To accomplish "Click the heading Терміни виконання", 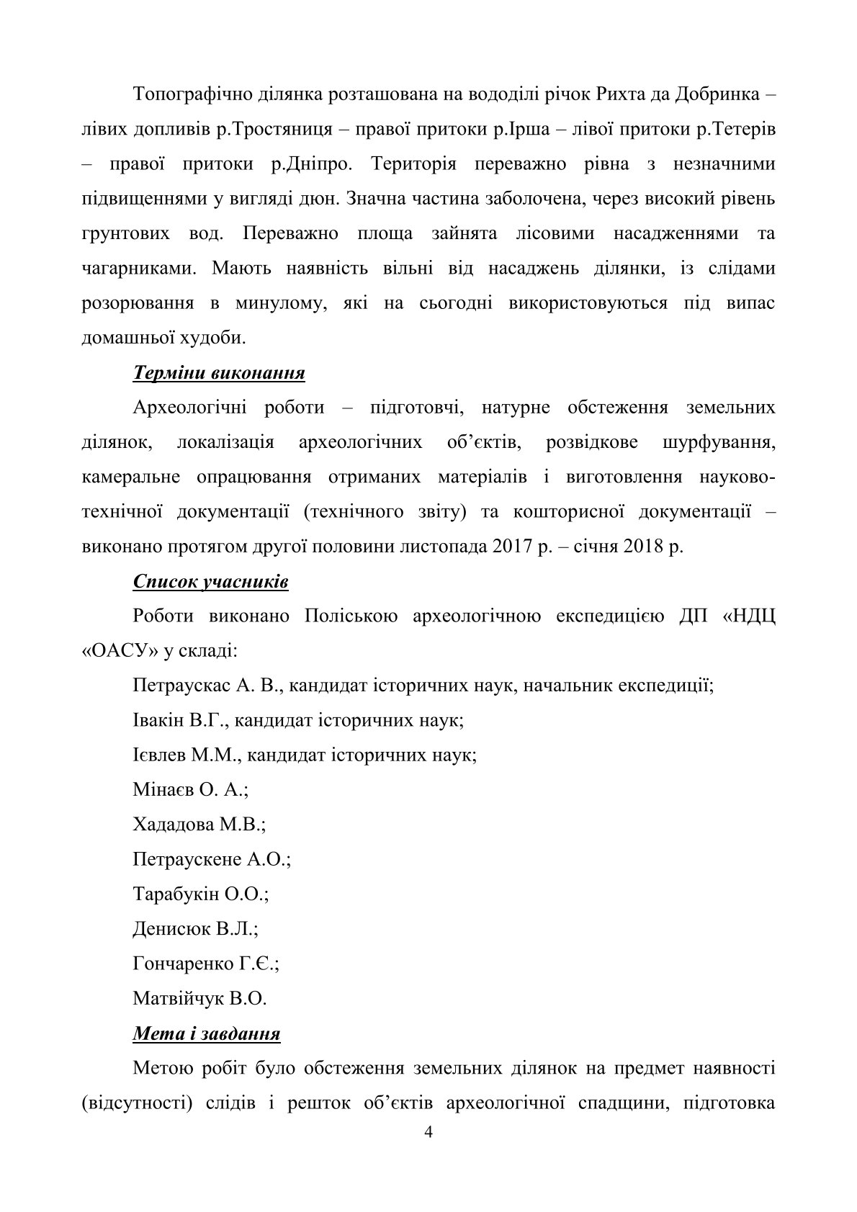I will coord(219,373).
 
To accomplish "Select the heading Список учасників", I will coord(210,581).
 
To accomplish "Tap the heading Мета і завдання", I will coord(207,1033).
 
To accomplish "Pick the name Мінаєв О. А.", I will coord(190,789).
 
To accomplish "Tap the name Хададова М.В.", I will coord(199,825).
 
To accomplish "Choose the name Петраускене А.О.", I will coord(212,859).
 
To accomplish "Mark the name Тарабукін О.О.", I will coord(200,894).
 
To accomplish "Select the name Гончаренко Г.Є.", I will coord(206,964).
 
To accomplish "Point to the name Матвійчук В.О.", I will coord(199,998).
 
